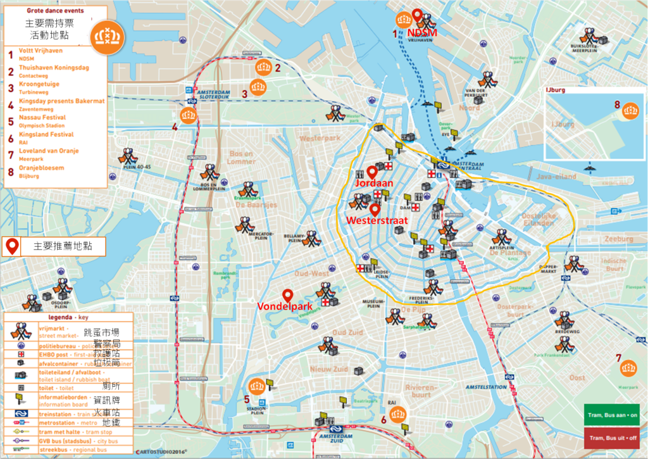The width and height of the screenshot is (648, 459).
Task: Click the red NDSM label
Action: click(x=422, y=33)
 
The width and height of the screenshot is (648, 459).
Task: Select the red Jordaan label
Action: click(x=375, y=182)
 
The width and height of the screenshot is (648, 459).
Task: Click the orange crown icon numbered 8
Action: click(x=630, y=111)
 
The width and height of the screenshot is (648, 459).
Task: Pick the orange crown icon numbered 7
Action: click(x=628, y=368)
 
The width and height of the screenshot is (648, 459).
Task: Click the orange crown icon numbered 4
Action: click(x=189, y=115)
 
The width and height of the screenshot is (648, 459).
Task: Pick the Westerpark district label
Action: click(x=320, y=138)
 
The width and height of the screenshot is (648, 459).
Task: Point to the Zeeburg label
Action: click(x=618, y=239)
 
